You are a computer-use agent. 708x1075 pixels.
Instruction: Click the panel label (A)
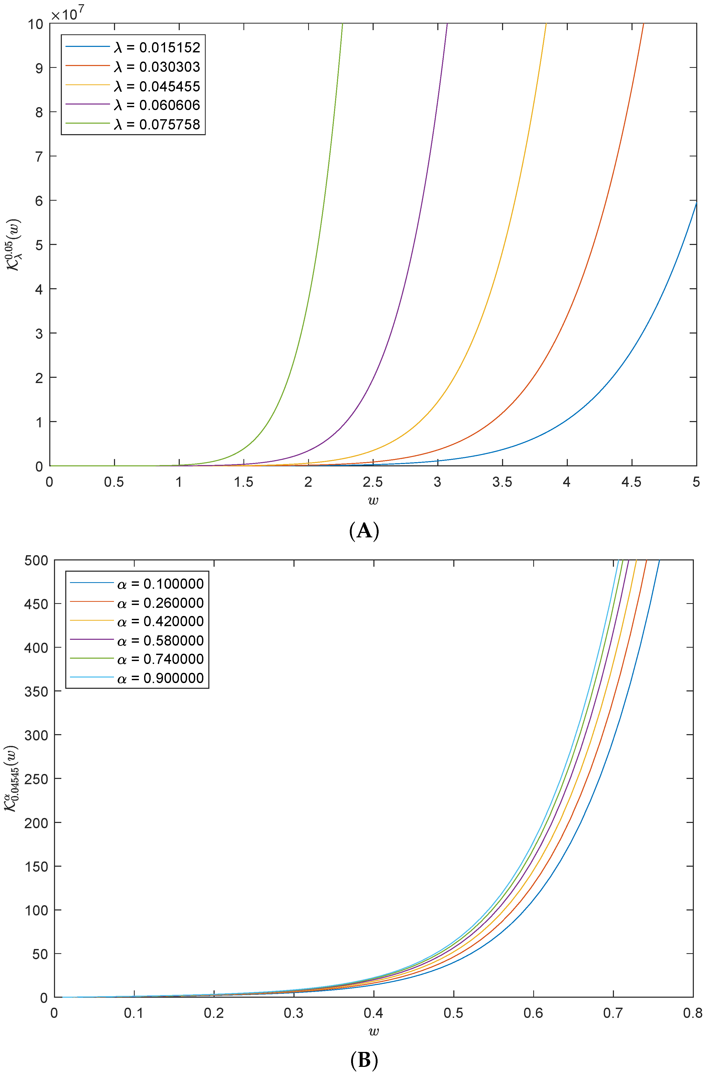pos(364,531)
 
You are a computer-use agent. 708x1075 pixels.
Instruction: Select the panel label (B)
pos(364,1061)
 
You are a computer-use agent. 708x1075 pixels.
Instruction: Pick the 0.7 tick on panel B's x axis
pos(613,1013)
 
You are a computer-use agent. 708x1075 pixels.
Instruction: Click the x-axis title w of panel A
pos(373,500)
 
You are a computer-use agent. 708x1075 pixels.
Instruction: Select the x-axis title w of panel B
pos(373,1031)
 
